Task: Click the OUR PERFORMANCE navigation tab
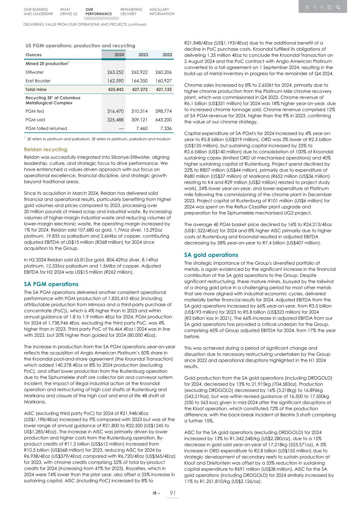pos(98,12)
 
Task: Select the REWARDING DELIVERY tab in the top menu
pos(131,12)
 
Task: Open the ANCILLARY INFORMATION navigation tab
pos(162,12)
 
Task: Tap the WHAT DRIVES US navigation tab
pos(68,12)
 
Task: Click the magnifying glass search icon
pos(338,7)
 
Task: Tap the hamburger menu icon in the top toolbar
pos(307,7)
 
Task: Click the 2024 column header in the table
pos(119,55)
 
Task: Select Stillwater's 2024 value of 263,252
pos(115,72)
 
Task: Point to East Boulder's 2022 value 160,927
pos(163,81)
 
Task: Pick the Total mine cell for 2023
pos(140,90)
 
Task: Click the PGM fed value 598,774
pos(163,111)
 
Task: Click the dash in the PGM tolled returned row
pos(121,128)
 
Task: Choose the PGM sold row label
pos(35,120)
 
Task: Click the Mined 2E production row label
pos(47,64)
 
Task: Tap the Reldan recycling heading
pos(46,150)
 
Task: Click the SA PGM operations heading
pos(51,284)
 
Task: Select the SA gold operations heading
pos(211,255)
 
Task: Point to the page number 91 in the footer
pos(173,493)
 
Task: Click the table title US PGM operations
pos(80,46)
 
